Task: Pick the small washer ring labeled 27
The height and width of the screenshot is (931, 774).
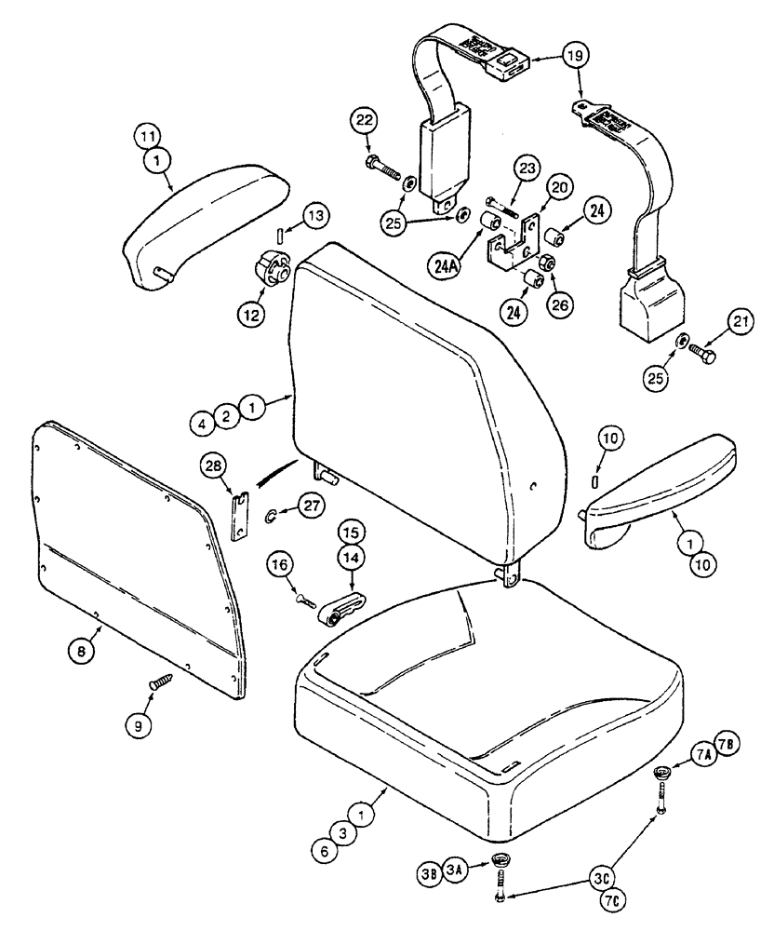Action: point(270,514)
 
